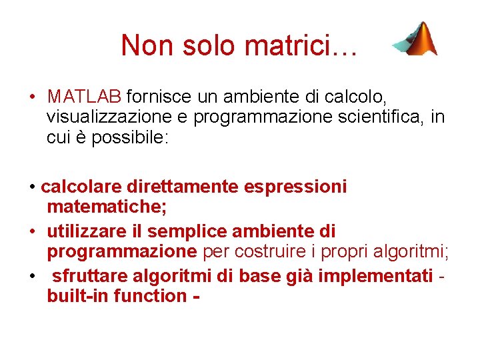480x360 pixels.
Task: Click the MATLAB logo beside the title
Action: pos(414,39)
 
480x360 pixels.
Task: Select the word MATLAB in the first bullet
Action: pos(84,97)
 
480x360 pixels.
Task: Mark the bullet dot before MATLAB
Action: pos(32,98)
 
